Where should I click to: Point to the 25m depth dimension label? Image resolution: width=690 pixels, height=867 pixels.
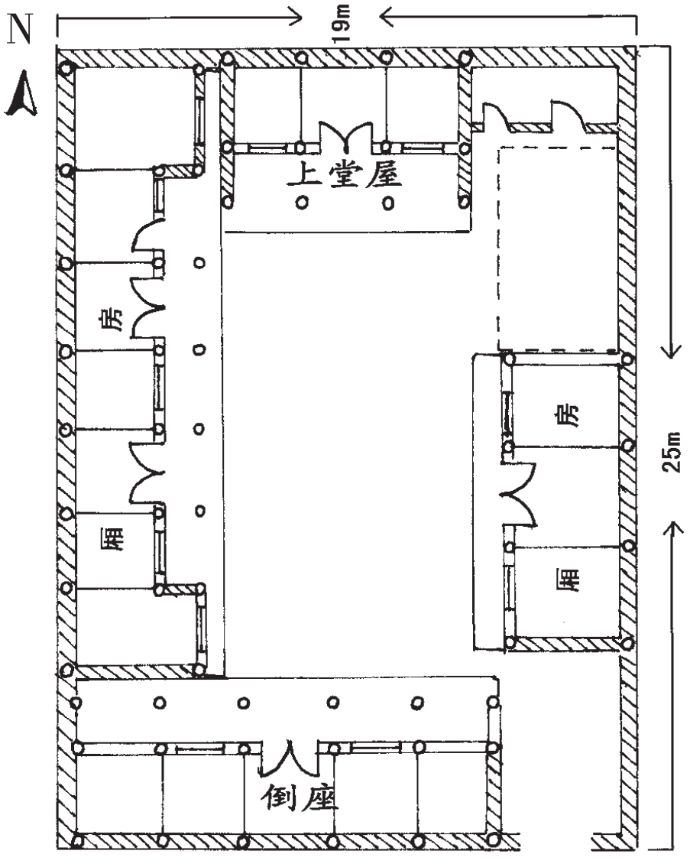click(673, 453)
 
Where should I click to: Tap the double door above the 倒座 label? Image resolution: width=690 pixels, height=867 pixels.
click(290, 756)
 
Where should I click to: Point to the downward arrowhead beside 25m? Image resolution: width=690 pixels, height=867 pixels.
click(672, 351)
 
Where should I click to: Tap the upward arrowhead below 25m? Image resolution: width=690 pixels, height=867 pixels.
click(672, 528)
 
